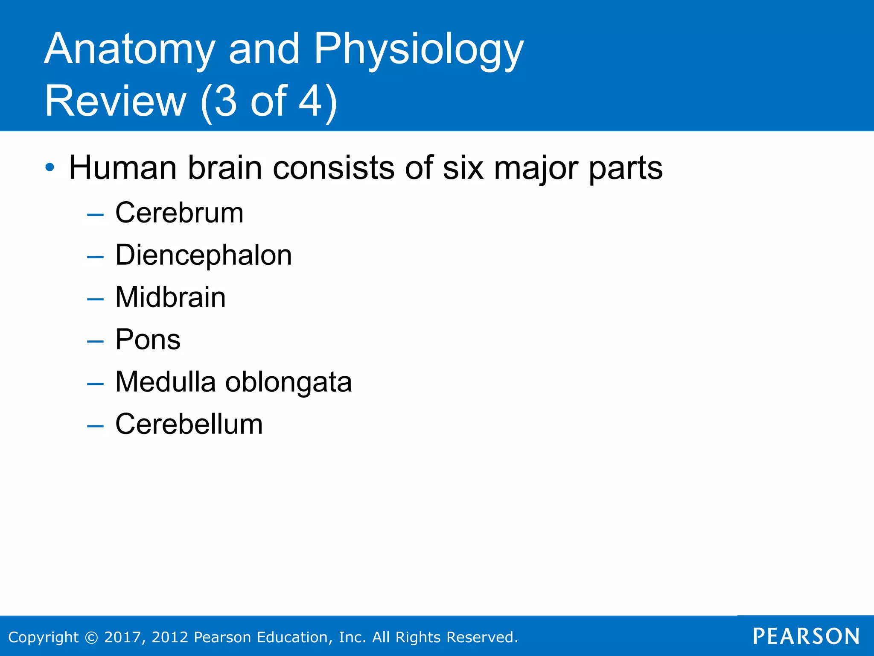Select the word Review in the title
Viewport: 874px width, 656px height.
point(115,101)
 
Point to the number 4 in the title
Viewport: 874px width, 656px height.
point(309,101)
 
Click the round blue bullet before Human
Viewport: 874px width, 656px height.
point(50,167)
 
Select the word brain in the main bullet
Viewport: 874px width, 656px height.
point(225,167)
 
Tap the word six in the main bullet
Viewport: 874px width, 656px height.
point(463,167)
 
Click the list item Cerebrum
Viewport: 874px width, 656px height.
point(179,213)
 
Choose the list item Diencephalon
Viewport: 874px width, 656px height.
point(204,255)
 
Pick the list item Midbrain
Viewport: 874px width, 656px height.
point(170,297)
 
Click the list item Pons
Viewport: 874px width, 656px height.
point(148,340)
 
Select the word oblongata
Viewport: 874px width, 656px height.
point(288,382)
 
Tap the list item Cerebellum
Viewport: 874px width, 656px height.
point(189,424)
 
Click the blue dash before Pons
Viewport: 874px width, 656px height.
point(95,341)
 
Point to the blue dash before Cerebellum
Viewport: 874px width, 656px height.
point(95,426)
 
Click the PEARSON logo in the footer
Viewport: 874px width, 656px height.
point(806,636)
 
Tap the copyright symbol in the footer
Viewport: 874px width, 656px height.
point(91,637)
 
